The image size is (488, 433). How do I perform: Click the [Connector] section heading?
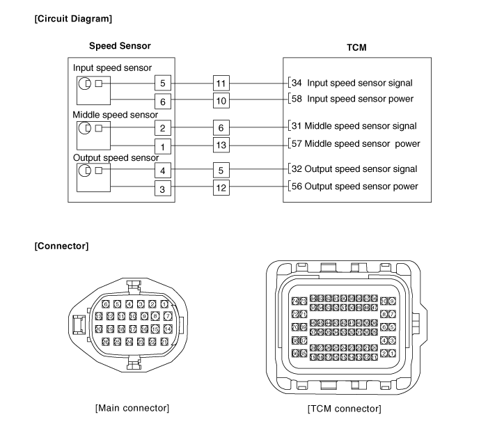pos(61,246)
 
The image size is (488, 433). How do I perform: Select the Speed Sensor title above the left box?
pos(120,46)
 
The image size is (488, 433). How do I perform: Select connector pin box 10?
pos(221,100)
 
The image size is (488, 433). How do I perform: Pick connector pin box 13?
pos(221,144)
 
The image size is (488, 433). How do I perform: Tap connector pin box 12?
pos(221,187)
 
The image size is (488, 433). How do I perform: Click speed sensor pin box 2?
pos(162,128)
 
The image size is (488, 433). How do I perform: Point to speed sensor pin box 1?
pos(162,146)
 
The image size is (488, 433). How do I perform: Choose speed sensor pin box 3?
pos(162,189)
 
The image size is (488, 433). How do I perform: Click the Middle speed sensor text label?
pos(116,114)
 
